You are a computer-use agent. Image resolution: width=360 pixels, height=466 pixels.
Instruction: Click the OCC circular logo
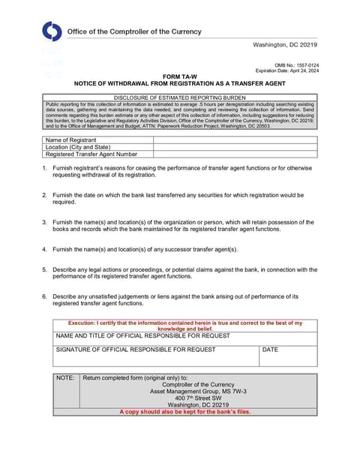[52, 32]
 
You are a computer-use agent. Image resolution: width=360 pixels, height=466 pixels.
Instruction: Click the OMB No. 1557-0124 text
[296, 65]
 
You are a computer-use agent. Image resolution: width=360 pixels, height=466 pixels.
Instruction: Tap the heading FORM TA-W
[179, 77]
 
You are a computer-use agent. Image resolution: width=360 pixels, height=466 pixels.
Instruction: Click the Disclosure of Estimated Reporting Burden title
[179, 98]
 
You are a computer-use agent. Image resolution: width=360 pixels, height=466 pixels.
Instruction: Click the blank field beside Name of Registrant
[235, 140]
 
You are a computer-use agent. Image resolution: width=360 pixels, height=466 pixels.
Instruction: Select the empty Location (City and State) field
[235, 147]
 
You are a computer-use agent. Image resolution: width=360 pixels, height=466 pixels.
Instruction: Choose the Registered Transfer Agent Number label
[91, 154]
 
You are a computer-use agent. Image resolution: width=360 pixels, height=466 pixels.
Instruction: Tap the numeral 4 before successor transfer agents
[44, 248]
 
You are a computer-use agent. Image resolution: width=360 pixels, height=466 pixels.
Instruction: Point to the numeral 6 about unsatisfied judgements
[44, 296]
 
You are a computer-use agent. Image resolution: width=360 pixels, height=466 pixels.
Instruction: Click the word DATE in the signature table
[270, 350]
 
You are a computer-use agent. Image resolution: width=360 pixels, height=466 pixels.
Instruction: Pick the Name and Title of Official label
[143, 336]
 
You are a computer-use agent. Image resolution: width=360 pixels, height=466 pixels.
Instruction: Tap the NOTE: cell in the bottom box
[66, 378]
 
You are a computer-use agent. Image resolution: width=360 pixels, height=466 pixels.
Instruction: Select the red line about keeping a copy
[184, 411]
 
